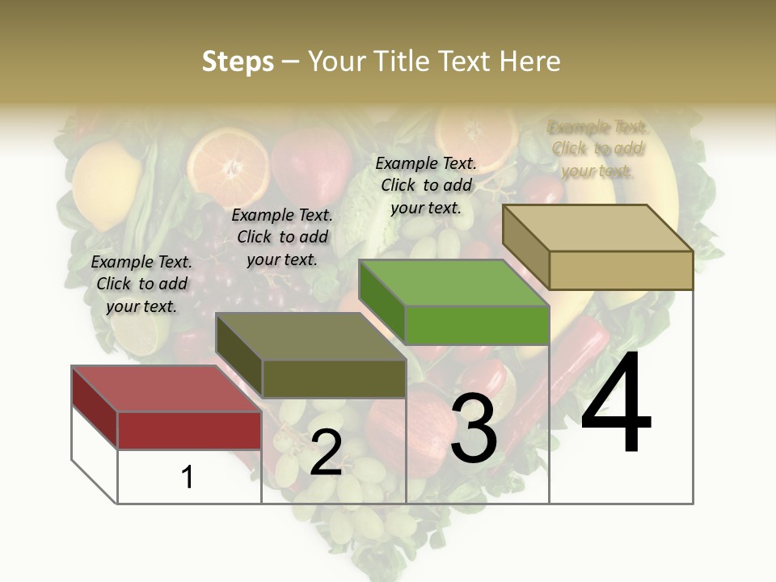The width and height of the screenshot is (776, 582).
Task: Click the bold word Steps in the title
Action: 238,61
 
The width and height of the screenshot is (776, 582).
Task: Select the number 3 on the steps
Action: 474,428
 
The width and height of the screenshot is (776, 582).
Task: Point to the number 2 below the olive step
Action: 326,453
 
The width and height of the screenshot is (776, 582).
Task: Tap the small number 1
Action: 188,477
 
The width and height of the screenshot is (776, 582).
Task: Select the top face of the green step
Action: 453,284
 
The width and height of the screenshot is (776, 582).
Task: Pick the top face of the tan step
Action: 598,228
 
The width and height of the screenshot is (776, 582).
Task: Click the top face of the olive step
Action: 311,336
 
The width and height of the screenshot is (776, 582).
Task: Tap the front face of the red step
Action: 189,430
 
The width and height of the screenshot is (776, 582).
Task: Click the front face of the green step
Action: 477,325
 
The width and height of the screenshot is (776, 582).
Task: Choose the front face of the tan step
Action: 621,270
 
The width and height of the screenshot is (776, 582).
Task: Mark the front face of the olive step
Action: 334,378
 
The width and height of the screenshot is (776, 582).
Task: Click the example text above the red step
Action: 141,284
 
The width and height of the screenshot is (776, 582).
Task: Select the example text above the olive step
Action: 282,237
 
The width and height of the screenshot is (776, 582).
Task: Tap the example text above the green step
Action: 426,185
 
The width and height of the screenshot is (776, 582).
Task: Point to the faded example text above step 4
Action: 597,149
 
